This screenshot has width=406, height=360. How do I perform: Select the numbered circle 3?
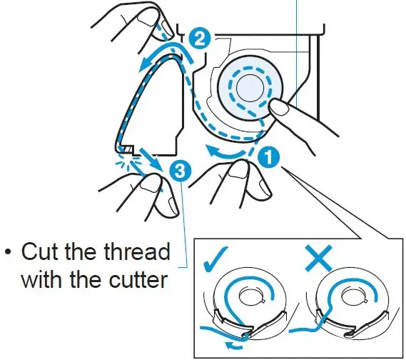pos(181,171)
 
